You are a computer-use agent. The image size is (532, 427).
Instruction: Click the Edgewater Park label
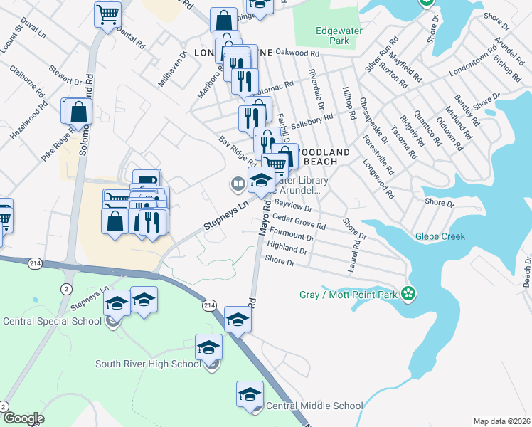(333, 36)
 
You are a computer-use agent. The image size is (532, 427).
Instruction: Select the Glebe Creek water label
(440, 236)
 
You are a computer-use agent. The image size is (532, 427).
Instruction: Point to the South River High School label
(149, 364)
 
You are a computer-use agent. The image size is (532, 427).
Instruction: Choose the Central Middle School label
(314, 406)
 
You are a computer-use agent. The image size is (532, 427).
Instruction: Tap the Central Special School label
(52, 321)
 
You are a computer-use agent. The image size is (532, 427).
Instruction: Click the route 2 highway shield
(66, 288)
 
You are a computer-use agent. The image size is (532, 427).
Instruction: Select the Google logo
(23, 418)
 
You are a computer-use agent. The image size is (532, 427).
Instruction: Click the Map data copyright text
(502, 421)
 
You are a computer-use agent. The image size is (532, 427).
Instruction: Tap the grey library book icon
(237, 184)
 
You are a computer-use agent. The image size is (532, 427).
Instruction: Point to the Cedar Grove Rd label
(299, 222)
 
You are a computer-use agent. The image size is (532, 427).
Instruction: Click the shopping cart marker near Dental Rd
(107, 14)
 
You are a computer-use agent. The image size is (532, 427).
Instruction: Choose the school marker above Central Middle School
(250, 394)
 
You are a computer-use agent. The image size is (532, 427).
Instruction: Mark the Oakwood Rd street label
(293, 53)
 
